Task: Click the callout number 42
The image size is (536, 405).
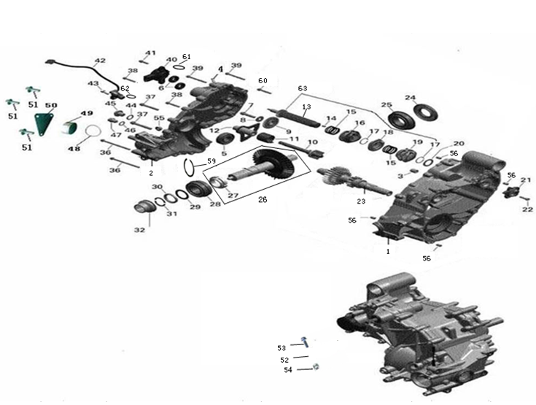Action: point(100,61)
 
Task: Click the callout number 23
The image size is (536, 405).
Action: point(360,201)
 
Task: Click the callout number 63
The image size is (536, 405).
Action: point(303,88)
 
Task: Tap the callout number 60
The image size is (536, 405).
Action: point(263,80)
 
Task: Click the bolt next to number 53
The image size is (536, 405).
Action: point(305,340)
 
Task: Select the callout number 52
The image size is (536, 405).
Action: point(284,360)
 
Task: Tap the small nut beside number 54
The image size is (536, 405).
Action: point(314,368)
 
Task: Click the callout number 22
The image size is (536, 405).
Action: point(527,209)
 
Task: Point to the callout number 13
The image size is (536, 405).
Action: point(306,107)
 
